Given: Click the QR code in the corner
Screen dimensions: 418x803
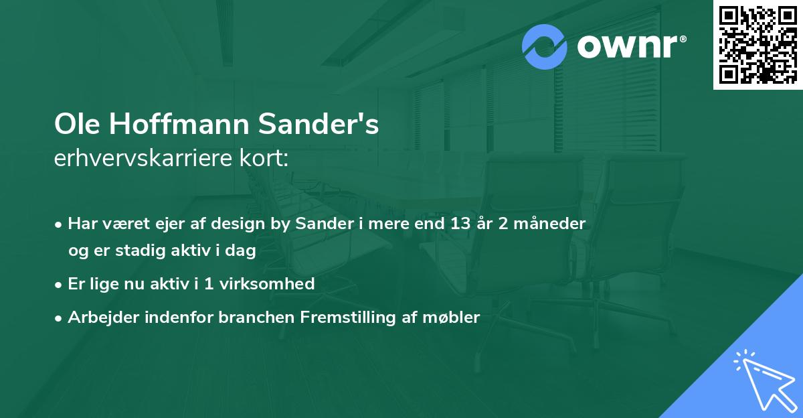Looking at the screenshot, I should click(758, 45).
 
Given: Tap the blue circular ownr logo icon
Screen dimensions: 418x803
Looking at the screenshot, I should click(545, 47).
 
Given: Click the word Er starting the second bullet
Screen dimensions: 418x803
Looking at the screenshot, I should click(76, 283).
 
